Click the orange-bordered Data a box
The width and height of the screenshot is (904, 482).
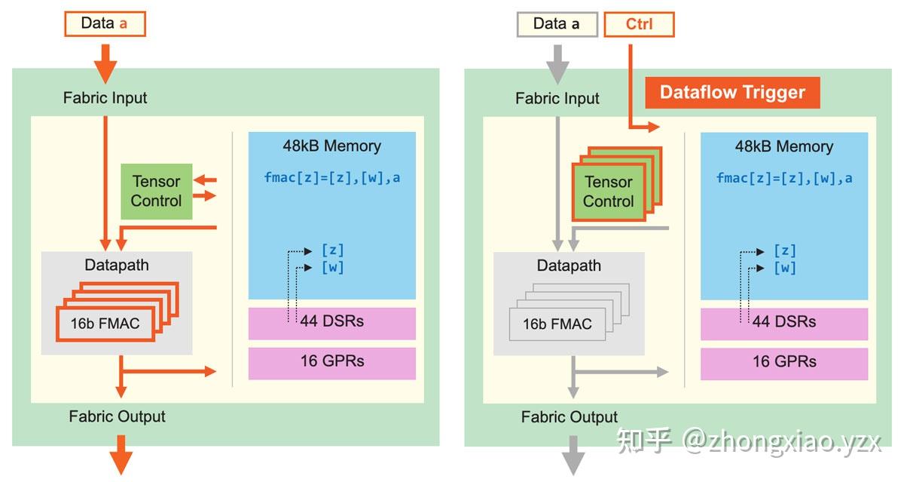pos(104,23)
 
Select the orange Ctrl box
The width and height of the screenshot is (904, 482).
pos(639,24)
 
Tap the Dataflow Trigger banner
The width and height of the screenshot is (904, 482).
pos(732,93)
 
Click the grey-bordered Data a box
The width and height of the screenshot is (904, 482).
pos(557,24)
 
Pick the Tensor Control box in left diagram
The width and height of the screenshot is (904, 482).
pos(156,192)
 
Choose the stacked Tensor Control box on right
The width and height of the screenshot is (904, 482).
pos(609,192)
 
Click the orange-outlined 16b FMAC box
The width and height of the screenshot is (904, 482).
pos(105,324)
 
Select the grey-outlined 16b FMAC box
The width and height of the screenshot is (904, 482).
pos(557,324)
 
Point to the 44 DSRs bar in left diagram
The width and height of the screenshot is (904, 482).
pos(331,321)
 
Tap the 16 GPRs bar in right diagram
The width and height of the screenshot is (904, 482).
pos(784,362)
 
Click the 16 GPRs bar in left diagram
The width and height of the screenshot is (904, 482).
pos(331,361)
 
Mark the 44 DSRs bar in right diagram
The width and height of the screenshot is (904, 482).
pos(784,322)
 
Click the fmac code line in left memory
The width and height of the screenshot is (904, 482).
pos(332,178)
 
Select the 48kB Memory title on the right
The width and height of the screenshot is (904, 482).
pos(784,146)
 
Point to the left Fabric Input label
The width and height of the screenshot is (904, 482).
pos(105,98)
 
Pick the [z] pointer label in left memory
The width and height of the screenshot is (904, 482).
pos(332,250)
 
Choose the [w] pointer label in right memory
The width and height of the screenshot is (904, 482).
pos(785,268)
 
